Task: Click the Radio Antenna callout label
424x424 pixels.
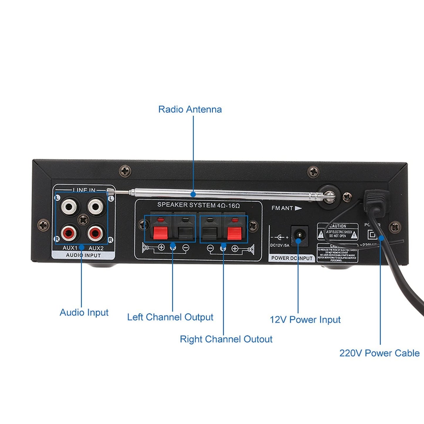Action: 190,109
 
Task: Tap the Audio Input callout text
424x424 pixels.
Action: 84,312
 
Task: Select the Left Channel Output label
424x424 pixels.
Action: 170,317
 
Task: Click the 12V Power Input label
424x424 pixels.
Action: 305,320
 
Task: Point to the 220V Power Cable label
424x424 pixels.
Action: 379,353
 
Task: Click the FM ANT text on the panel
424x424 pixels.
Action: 282,208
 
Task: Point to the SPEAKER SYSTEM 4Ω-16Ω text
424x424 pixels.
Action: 198,205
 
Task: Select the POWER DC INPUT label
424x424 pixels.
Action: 292,258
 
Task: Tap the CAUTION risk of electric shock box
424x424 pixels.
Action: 338,232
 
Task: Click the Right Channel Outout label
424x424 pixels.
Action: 226,339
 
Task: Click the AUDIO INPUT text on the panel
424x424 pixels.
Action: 83,255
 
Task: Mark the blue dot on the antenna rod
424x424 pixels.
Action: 193,194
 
